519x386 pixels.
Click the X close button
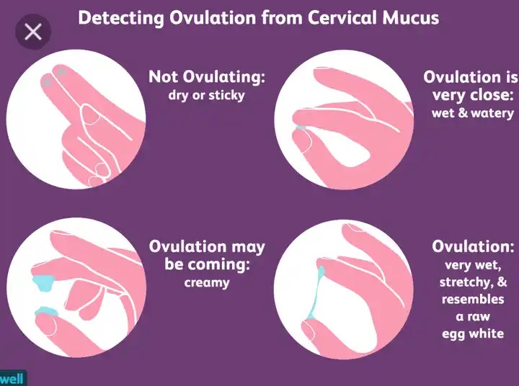(33, 32)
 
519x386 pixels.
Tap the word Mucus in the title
(411, 18)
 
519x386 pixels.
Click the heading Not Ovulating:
(207, 77)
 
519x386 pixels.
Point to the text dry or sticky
(207, 95)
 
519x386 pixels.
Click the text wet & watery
(473, 113)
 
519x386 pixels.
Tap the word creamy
(207, 283)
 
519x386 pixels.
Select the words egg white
(473, 333)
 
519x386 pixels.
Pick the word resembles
(473, 299)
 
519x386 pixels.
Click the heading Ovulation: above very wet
(473, 246)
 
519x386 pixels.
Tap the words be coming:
(207, 264)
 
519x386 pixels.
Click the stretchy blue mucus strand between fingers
(316, 292)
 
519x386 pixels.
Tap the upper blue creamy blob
(44, 283)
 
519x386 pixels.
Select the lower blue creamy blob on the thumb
(46, 312)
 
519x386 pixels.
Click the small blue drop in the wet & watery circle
(301, 127)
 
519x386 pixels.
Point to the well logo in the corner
(12, 378)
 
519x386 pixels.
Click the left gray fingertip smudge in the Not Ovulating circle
(47, 81)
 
